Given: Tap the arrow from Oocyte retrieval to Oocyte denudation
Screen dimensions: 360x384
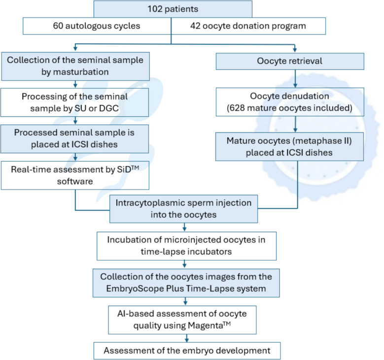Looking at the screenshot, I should (x=294, y=81).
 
